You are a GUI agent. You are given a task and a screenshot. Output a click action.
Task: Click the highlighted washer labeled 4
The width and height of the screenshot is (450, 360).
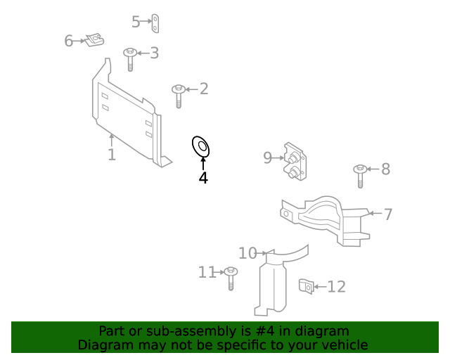pyautogui.click(x=201, y=147)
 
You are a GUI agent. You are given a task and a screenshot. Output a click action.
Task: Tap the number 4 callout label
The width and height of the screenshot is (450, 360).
pyautogui.click(x=203, y=178)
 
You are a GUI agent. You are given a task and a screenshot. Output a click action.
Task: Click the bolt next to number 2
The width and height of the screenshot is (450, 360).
pyautogui.click(x=179, y=95)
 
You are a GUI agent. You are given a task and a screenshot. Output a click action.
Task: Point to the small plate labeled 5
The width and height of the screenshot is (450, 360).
pyautogui.click(x=159, y=23)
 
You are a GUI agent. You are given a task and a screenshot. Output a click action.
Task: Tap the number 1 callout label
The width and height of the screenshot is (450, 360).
pyautogui.click(x=112, y=154)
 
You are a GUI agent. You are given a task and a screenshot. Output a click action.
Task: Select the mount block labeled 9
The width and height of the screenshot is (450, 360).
pyautogui.click(x=295, y=162)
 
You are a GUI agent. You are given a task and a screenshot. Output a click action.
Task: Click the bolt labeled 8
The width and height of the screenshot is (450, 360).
pyautogui.click(x=360, y=175)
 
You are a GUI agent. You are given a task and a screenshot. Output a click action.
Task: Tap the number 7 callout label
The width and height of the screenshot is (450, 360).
pyautogui.click(x=388, y=214)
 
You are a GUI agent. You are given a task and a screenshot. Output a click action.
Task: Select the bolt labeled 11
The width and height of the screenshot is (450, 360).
pyautogui.click(x=231, y=278)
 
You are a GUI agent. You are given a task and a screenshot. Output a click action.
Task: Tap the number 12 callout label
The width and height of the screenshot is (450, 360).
pyautogui.click(x=337, y=287)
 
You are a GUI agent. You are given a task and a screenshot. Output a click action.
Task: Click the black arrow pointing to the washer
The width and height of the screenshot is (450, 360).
pyautogui.click(x=203, y=163)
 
